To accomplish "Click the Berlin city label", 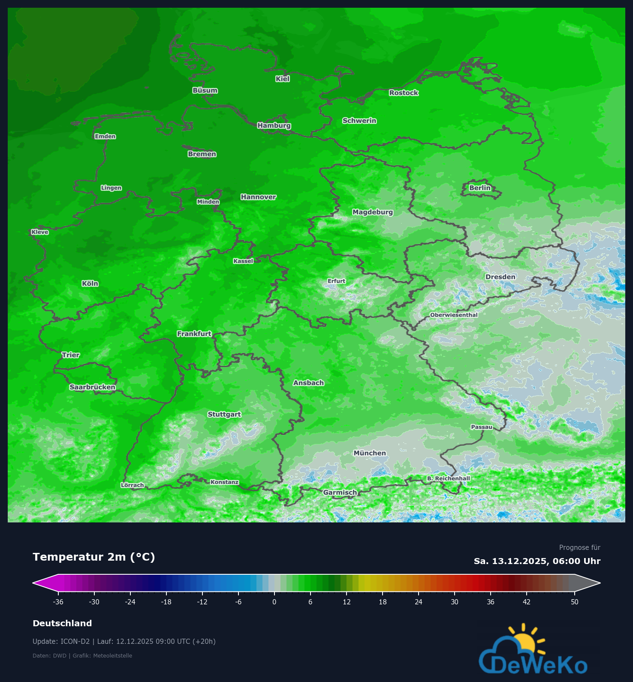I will pos(480,188).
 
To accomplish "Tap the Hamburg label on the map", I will pos(274,126).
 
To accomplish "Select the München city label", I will pos(370,453).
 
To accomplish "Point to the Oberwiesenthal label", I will pos(454,315).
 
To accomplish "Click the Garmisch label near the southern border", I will pos(340,492).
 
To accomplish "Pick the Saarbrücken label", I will pos(93,387).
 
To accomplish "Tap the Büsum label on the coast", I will pos(205,91).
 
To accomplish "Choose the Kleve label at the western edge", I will pos(40,232).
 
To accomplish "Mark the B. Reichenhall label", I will pos(449,478).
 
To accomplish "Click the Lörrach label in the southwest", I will pos(133,485).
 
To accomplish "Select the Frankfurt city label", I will pos(194,334).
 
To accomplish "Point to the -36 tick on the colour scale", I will pos(58,602).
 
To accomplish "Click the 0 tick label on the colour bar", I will pos(274,602).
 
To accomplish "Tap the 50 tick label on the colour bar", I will pos(575,602).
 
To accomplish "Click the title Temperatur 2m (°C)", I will pos(94,557).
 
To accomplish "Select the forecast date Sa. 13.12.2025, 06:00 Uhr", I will pos(537,561).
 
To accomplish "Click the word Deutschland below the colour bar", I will pos(62,623).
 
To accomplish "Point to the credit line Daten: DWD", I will pos(49,655).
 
